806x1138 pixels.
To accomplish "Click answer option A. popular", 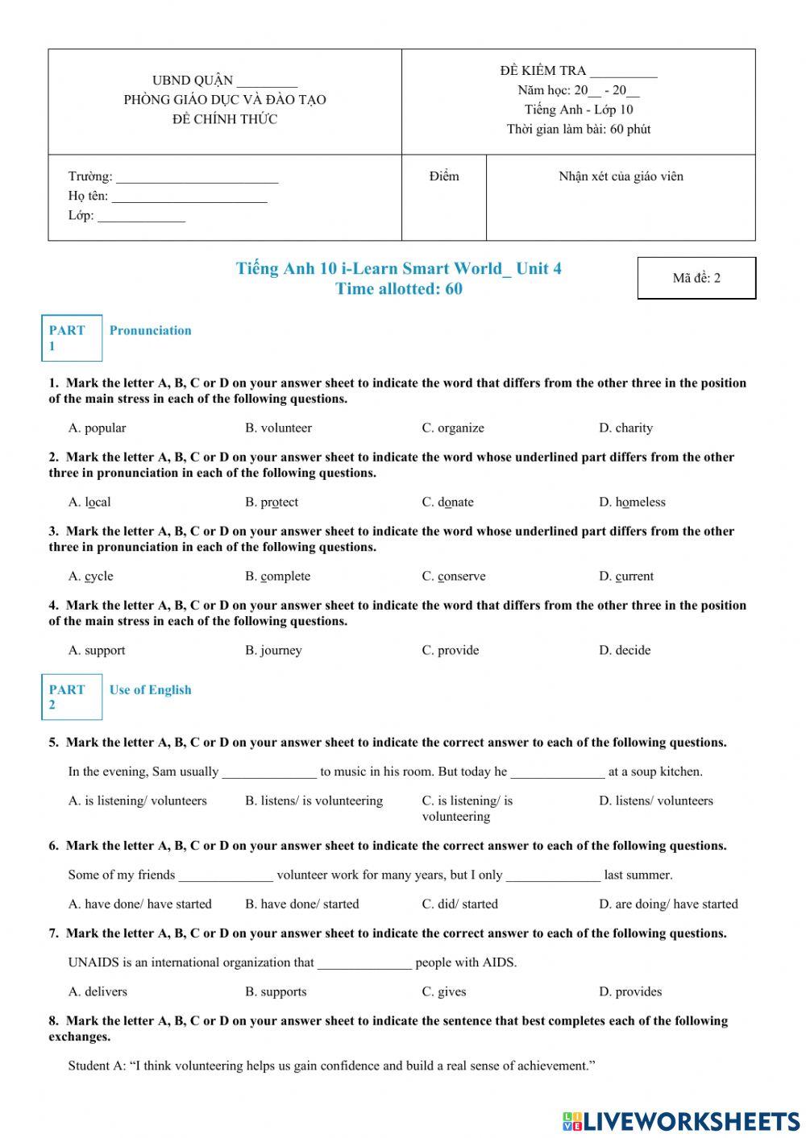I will pos(97,428).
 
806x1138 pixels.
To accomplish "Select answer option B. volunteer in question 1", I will pos(278,428).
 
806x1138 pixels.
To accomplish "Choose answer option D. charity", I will pos(625,428).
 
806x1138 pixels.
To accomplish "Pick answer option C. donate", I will pos(447,502).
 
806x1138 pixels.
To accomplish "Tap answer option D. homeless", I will pos(632,502).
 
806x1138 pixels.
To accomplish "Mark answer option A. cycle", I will pos(90,576).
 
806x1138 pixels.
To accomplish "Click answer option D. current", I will pos(625,576).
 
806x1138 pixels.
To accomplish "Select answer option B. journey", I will pos(273,650).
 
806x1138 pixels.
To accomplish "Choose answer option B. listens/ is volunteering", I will pos(314,801).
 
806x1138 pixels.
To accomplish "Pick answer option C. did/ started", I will pos(459,904).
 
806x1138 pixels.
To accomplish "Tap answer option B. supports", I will pos(276,991).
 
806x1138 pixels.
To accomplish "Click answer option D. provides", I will pos(629,991).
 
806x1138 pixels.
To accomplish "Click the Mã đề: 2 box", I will pos(696,278).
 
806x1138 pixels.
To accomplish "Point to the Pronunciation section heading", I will pos(150,330).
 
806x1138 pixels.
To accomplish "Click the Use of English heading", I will pos(150,689).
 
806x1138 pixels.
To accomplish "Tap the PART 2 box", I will pos(72,697).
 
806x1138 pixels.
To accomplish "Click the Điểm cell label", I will pos(444,176).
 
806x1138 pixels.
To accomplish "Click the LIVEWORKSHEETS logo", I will pos(681,1121).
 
